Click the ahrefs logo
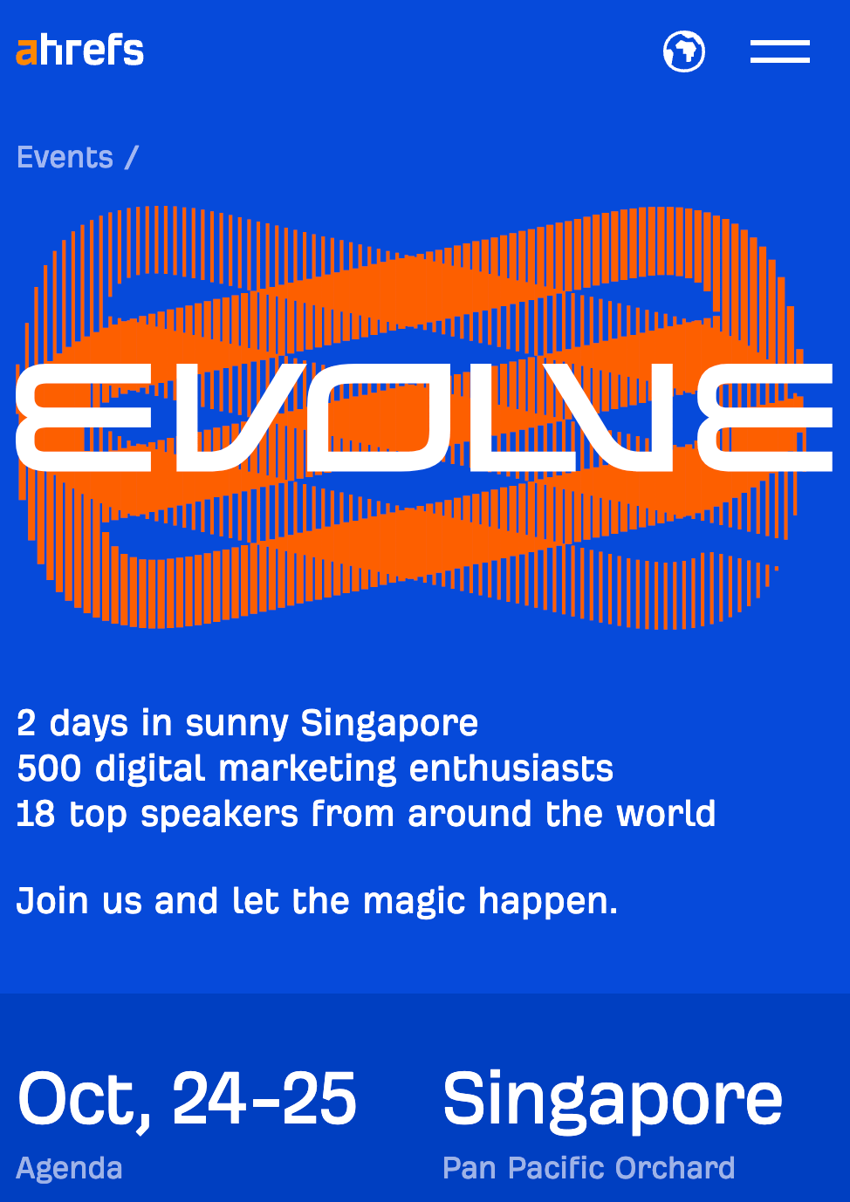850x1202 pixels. coord(80,51)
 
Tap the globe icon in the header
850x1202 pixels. coord(684,51)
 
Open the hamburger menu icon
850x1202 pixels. coord(779,51)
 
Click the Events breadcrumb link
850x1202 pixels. coord(65,158)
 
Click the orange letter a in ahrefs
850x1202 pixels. coord(27,52)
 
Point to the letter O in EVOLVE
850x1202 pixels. coord(382,417)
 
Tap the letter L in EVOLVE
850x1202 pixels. coord(515,417)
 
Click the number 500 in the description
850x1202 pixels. coord(50,768)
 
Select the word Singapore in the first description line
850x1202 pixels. coord(389,723)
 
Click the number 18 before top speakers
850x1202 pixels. coord(36,814)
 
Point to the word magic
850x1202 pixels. coord(415,901)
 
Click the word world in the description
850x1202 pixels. coord(666,814)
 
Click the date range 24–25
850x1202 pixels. coord(264,1099)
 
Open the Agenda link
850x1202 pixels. coord(70,1168)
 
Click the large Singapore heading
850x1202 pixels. coord(613,1099)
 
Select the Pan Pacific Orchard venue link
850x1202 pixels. coord(589,1168)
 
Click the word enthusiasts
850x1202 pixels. coord(511,768)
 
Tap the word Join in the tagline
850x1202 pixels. coord(53,901)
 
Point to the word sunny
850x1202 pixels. coord(236,723)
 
